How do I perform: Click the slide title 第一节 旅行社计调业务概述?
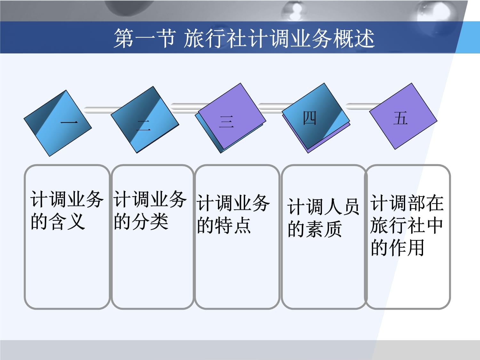pyautogui.click(x=244, y=38)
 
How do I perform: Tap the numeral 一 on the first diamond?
pyautogui.click(x=69, y=122)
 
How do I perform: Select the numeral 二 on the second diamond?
pyautogui.click(x=143, y=125)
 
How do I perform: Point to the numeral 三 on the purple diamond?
pyautogui.click(x=226, y=122)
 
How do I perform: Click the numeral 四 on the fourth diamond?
pyautogui.click(x=309, y=118)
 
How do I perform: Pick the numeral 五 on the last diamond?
pyautogui.click(x=400, y=118)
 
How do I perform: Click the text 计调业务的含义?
pyautogui.click(x=67, y=210)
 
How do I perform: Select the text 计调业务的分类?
pyautogui.click(x=150, y=210)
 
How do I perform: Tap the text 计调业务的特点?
pyautogui.click(x=233, y=214)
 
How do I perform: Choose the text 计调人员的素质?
pyautogui.click(x=323, y=218)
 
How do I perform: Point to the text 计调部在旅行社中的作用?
pyautogui.click(x=407, y=225)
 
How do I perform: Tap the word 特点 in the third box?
pyautogui.click(x=233, y=226)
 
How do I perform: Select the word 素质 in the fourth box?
pyautogui.click(x=324, y=229)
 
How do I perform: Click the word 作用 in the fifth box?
pyautogui.click(x=406, y=248)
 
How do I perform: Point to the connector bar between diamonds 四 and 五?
pyautogui.click(x=363, y=106)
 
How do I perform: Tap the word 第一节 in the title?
pyautogui.click(x=145, y=38)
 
